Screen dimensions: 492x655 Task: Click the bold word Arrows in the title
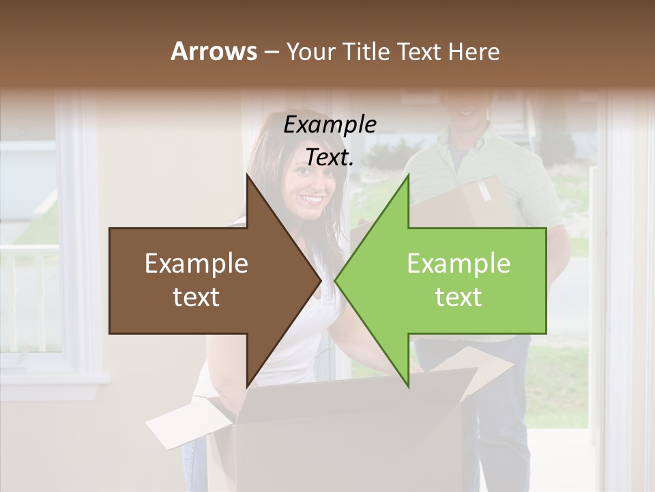pyautogui.click(x=214, y=51)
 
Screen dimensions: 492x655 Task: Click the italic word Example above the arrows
pyautogui.click(x=330, y=125)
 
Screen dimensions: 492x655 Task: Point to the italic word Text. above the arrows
pyautogui.click(x=330, y=157)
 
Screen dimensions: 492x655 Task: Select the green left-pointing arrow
pyautogui.click(x=450, y=281)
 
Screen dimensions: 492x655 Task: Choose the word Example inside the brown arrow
pyautogui.click(x=196, y=264)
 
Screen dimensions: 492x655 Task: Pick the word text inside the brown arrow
pyautogui.click(x=196, y=297)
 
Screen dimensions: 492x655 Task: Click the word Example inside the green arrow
pyautogui.click(x=458, y=264)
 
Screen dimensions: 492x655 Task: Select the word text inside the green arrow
pyautogui.click(x=458, y=297)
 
